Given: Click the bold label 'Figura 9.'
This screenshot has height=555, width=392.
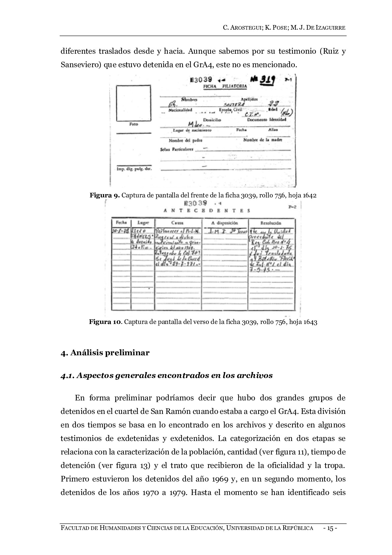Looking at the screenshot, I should pos(105,195).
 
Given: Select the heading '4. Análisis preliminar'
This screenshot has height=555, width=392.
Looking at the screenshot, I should pos(105,353).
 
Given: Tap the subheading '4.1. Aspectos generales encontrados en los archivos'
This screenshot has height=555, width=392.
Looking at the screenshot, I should pos(166,375).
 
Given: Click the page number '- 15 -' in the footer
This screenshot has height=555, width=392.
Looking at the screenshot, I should pos(330,528).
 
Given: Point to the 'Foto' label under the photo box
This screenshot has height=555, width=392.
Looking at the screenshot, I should pos(133,125).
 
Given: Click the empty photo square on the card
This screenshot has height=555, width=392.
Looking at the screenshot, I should pos(133,103).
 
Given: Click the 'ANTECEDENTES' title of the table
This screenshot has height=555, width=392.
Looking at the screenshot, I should pos(207,211).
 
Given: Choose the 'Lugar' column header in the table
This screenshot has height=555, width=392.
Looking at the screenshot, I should pos(143,223).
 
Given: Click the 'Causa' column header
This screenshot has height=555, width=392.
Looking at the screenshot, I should pos(177,223).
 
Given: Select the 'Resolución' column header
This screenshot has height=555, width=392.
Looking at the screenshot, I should pos(271,223).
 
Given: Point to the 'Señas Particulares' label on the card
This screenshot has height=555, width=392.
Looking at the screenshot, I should pos(176,150).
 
